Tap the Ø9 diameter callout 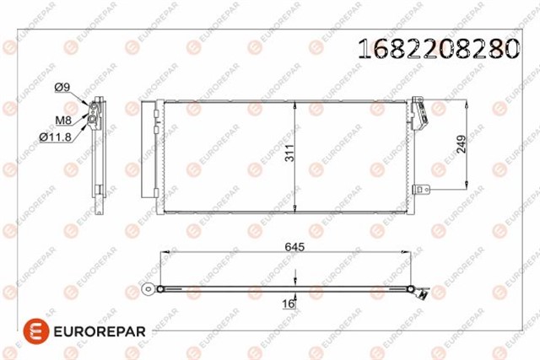(62, 86)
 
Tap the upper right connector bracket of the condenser (419, 110)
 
